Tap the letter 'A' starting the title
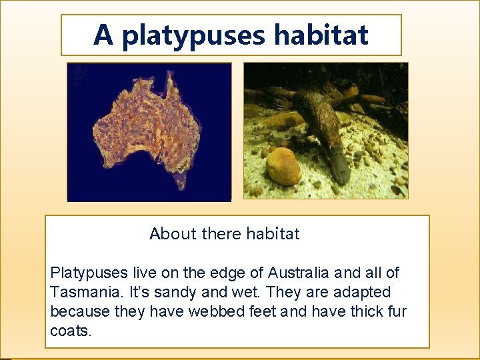103,35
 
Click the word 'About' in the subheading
173,234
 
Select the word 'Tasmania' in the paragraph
81,292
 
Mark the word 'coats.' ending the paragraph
70,331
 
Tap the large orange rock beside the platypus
283,167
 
